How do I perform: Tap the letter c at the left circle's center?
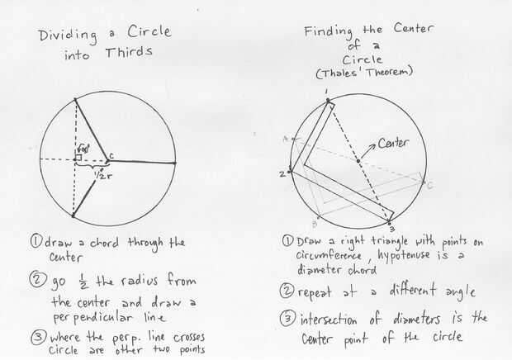(x=111, y=155)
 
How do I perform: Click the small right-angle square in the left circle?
(x=78, y=157)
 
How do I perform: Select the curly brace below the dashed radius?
(x=92, y=168)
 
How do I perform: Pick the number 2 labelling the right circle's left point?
(x=282, y=173)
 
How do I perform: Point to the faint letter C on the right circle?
(x=429, y=185)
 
